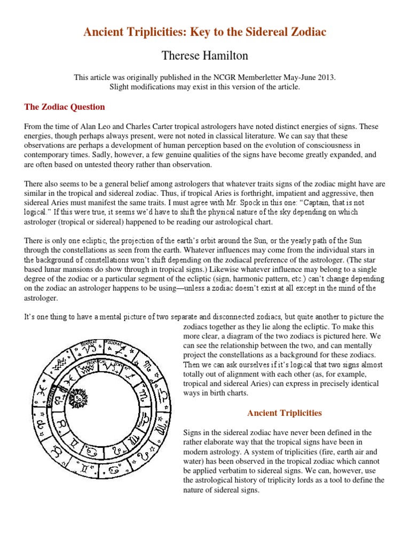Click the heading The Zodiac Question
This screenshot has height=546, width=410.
coord(65,107)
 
